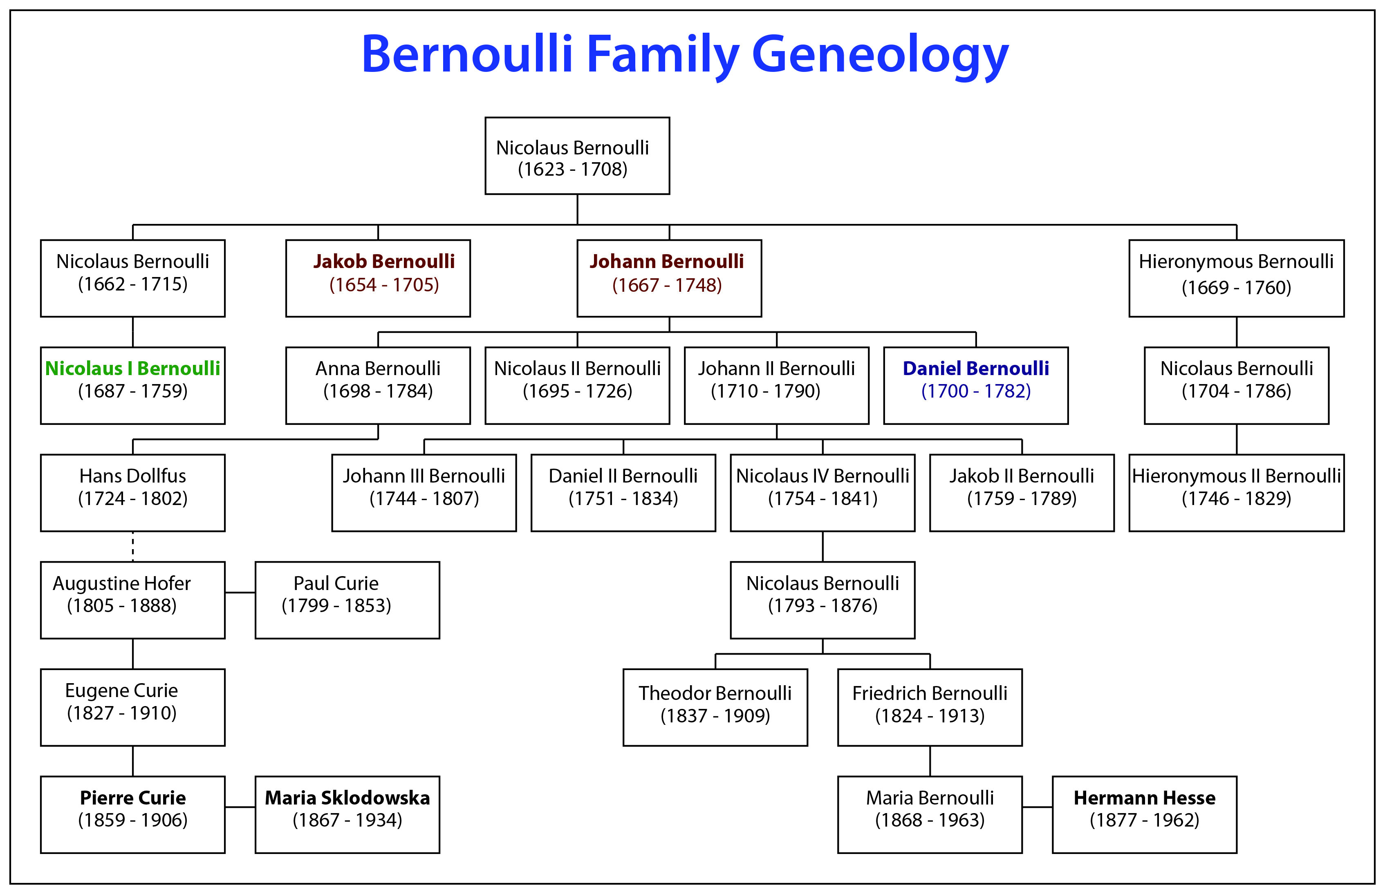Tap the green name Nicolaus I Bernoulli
132,369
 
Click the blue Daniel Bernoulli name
976,369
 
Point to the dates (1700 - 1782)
976,391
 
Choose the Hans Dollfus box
132,492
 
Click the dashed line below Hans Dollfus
133,546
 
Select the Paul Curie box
347,600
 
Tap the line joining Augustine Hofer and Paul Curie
240,593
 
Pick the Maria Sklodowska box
347,814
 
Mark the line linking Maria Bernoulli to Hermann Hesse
1037,807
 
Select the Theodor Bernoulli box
715,707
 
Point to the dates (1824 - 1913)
930,716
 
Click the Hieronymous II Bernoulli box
1236,492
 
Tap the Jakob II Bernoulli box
1022,492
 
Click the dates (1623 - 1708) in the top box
573,170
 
